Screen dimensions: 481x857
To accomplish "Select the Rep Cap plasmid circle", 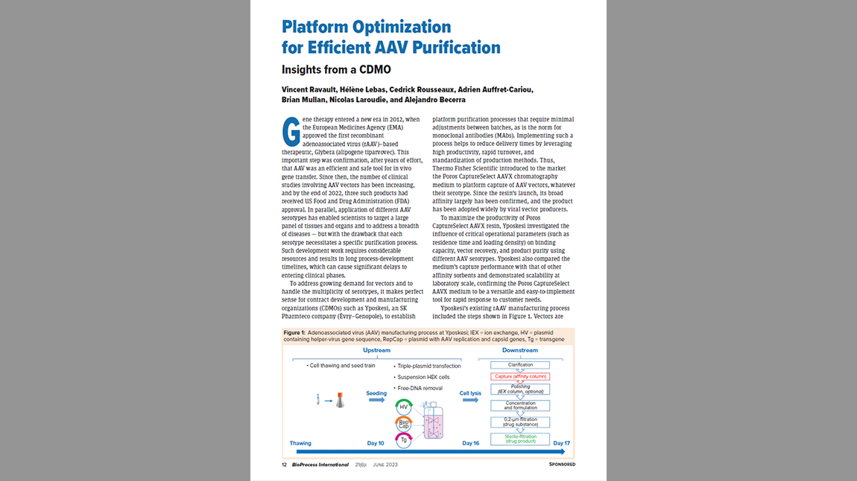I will tap(403, 423).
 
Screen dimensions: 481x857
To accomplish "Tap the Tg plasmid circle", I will tap(403, 439).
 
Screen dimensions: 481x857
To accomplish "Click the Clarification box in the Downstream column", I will tap(519, 365).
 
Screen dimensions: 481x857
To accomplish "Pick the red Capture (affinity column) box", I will tap(519, 377).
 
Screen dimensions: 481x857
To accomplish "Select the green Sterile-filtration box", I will tap(519, 439).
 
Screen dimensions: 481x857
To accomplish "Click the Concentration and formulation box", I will tap(519, 406).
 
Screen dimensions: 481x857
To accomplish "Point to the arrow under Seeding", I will tap(376, 400).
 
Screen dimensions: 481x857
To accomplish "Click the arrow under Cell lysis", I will tap(470, 400).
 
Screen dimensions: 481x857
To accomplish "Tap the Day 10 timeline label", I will tap(376, 444).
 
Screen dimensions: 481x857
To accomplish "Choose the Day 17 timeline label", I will tap(563, 444).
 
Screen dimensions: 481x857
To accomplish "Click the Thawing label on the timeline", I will tap(300, 444).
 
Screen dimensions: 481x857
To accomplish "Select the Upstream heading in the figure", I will tap(376, 350).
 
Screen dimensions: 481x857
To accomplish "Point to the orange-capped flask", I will tap(339, 401).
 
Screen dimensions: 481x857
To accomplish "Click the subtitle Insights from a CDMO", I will tap(327, 69).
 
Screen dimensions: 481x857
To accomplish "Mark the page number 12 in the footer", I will tap(284, 464).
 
